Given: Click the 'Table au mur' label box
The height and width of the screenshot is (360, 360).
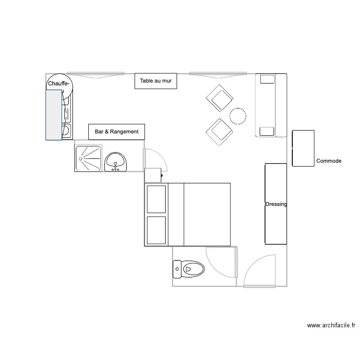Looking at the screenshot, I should click(x=156, y=82).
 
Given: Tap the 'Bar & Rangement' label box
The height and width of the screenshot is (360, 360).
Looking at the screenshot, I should click(x=116, y=132).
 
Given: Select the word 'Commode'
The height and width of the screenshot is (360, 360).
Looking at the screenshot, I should click(x=329, y=161).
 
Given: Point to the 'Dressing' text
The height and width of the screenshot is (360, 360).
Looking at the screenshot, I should click(x=276, y=204).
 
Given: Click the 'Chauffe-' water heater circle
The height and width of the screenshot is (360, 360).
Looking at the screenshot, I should click(x=59, y=85).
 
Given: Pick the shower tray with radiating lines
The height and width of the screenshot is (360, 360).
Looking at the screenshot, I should click(x=88, y=158).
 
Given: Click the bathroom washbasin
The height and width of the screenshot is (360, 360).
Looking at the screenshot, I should click(x=115, y=162).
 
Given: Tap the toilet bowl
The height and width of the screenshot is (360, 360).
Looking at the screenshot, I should click(x=189, y=269).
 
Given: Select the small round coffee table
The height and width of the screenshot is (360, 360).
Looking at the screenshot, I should click(x=238, y=116).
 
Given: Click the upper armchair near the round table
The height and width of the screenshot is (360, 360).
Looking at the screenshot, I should click(x=219, y=98).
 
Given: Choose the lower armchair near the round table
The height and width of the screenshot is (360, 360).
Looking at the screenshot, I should click(x=219, y=132).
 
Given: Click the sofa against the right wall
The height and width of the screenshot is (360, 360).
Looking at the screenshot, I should click(x=271, y=105).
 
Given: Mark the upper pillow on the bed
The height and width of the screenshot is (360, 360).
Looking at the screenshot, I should click(x=156, y=199).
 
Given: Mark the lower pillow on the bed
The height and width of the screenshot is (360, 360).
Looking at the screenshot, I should click(x=156, y=230).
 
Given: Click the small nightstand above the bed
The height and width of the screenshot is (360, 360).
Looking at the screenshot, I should click(x=153, y=175).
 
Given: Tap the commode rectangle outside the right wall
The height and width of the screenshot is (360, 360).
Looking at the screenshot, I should click(x=303, y=148).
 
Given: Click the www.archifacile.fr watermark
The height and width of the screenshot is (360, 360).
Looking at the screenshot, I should click(x=331, y=325).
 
